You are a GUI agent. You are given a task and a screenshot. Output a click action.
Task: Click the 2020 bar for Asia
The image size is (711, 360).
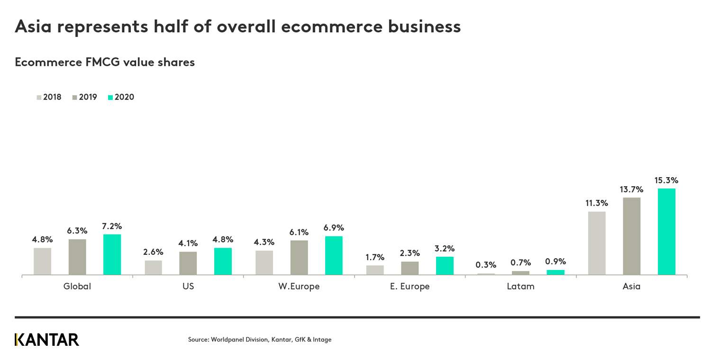pos(666,232)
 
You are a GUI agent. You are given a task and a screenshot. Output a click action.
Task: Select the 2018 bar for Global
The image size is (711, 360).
pos(42,261)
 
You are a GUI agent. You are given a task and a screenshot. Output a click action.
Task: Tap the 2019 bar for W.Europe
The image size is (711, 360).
pos(299,258)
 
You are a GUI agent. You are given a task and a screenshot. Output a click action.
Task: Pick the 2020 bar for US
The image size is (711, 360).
pos(223,261)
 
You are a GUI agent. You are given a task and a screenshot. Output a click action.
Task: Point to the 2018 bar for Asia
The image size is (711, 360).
pos(597,243)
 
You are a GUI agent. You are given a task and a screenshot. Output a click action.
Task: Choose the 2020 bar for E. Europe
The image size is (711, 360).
pos(445,266)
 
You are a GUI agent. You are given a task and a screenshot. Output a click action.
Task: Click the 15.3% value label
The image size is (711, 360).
pos(666,180)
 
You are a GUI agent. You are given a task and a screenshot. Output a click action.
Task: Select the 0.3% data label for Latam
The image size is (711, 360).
pos(486,265)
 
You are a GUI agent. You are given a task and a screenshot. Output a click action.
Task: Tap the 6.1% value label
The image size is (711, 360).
pos(299,232)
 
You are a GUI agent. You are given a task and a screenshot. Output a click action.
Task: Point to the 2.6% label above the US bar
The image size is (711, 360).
pos(153,252)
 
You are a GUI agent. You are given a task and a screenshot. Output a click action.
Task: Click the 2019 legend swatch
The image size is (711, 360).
pos(75,98)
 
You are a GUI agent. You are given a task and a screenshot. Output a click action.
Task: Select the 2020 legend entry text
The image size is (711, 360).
pos(124,98)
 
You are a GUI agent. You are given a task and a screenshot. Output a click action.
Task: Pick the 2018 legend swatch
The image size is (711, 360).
pos(39,98)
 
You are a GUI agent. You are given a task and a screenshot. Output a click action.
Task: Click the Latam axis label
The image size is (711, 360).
pos(520,286)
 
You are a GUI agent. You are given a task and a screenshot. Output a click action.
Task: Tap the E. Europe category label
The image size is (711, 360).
pos(410,286)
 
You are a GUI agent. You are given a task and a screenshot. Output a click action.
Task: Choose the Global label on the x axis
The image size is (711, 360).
pos(77,286)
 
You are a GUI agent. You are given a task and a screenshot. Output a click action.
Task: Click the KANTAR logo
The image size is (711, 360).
pos(47,340)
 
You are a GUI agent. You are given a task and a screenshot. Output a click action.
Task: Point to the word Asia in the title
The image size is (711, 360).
pos(33,27)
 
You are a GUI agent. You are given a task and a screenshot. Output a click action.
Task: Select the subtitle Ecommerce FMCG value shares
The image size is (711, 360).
pos(105,62)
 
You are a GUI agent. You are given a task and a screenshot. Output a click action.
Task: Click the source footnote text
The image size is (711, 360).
pos(260,340)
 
